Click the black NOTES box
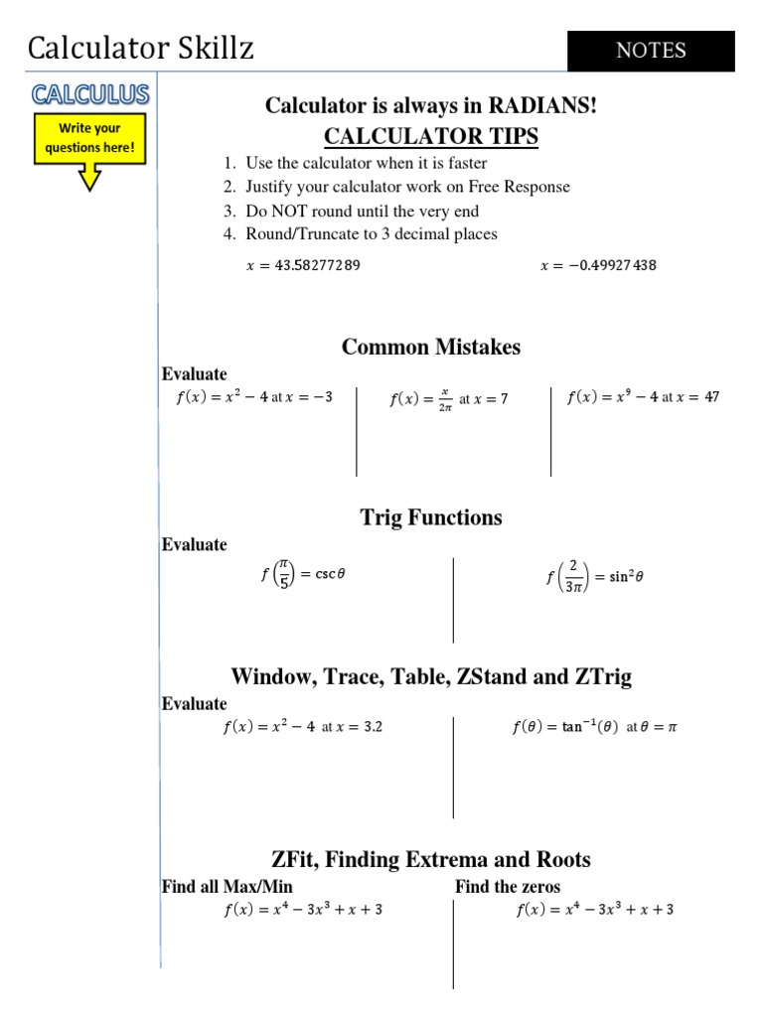tap(651, 51)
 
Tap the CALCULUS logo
tap(90, 94)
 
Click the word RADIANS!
tap(542, 105)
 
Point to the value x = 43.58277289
tap(303, 266)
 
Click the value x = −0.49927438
tap(598, 266)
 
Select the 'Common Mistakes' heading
tap(431, 347)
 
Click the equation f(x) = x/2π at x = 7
tap(448, 399)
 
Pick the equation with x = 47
tap(643, 397)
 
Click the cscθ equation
tap(303, 574)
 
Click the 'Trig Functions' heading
tap(431, 517)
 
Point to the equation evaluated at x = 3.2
tap(302, 727)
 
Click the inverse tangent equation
tap(594, 727)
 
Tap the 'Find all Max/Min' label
tap(228, 886)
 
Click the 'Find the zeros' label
tap(508, 886)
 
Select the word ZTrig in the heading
tap(600, 677)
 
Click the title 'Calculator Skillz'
tap(140, 48)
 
